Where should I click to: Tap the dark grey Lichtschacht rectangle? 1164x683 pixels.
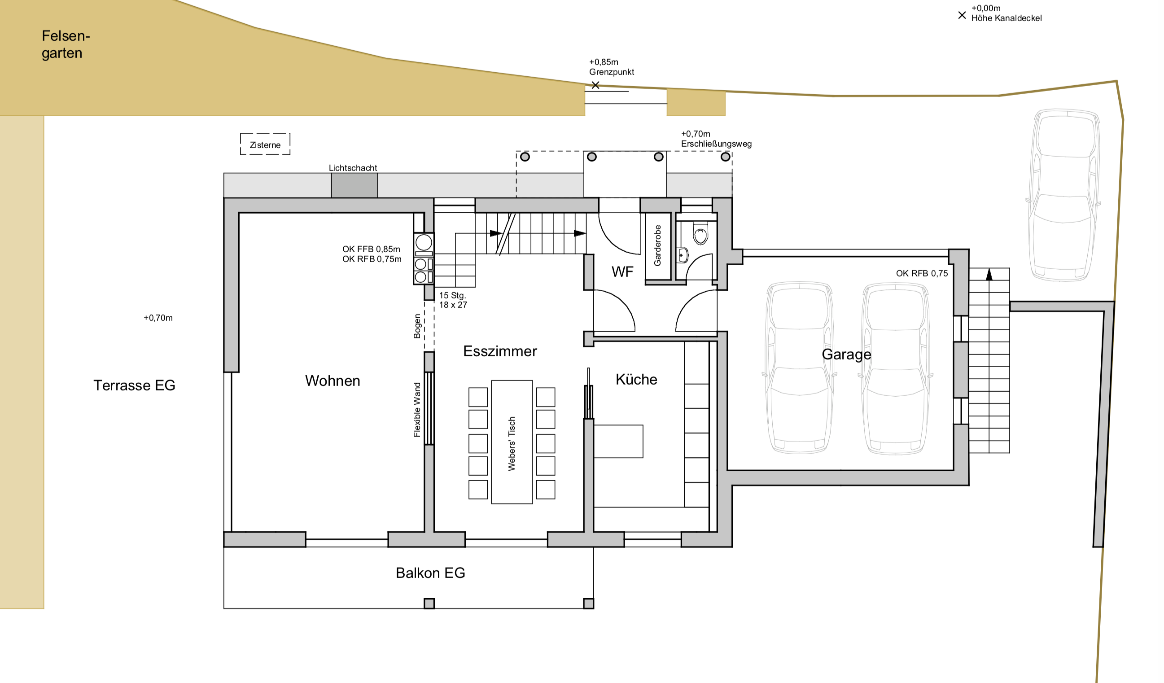coord(354,186)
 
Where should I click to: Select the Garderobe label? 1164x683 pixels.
coord(658,245)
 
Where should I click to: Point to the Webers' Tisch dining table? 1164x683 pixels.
coord(512,442)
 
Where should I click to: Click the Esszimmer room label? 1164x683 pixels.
coord(500,351)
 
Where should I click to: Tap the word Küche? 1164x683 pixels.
coord(636,380)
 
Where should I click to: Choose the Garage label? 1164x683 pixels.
coord(847,355)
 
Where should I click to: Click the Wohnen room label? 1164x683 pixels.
coord(333,381)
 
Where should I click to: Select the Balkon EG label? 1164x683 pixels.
coord(430,573)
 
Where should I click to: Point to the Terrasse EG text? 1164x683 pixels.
coord(135,385)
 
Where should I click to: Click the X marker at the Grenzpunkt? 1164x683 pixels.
coord(595,85)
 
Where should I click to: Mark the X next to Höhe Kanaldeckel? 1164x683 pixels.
coord(962,15)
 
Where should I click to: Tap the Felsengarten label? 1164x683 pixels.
coord(66,44)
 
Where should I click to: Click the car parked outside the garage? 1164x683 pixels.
coord(1063,195)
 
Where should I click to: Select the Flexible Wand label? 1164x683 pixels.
coord(417,410)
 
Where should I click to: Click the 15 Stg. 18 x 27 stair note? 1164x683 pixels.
coord(453,300)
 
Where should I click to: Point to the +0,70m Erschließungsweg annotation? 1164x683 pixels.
coord(717,139)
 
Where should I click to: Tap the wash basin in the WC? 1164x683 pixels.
coord(683,255)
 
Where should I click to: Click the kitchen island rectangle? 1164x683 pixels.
coord(618,442)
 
